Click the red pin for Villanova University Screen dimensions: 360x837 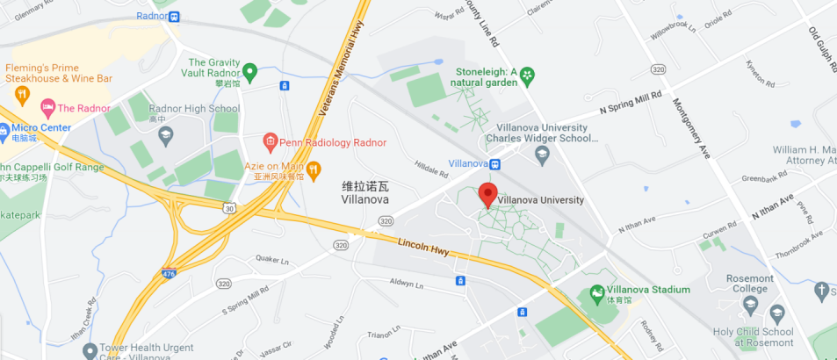(x=488, y=194)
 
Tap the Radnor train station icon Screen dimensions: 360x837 (x=174, y=16)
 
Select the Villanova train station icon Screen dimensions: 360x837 (x=494, y=163)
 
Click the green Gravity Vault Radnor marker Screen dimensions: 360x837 (x=249, y=70)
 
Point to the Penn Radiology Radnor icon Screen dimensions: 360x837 (x=271, y=140)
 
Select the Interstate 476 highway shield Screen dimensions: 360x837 (x=169, y=274)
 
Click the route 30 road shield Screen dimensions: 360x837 (x=229, y=208)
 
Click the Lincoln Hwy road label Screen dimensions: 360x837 (x=423, y=248)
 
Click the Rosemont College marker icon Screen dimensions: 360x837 (x=750, y=305)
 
